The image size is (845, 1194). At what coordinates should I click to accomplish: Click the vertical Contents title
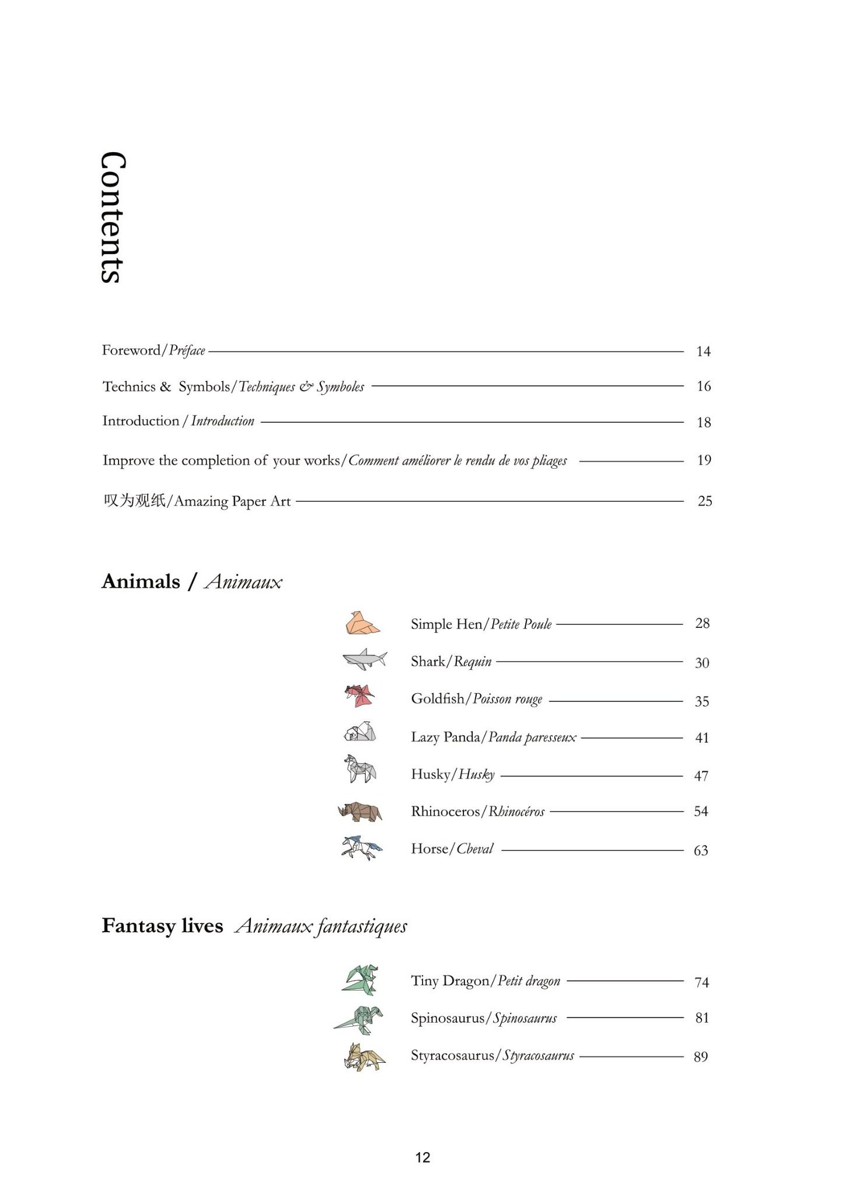point(112,217)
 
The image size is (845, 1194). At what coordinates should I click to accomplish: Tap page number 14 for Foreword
point(703,351)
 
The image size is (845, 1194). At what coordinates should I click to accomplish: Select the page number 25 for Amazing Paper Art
point(705,501)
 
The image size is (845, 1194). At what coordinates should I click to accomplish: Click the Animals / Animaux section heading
point(191,581)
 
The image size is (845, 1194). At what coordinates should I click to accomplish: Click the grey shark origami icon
point(365,659)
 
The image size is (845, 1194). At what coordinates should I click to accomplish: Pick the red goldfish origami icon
point(359,696)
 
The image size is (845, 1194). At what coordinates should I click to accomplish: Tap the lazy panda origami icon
point(360,732)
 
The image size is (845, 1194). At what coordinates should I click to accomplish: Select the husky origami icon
point(360,769)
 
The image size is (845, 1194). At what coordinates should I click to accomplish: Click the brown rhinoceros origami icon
point(360,811)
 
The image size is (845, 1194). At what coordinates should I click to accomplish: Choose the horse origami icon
point(362,848)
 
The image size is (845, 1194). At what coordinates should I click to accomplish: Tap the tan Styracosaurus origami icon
point(364,1056)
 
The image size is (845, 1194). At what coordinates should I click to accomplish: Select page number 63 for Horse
point(701,851)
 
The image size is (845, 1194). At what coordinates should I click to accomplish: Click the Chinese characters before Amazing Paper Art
point(134,501)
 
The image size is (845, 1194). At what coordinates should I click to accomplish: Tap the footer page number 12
point(423,1158)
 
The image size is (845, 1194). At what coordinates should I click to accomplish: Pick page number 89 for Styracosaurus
point(701,1056)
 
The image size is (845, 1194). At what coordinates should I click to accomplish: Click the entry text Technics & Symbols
point(166,387)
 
